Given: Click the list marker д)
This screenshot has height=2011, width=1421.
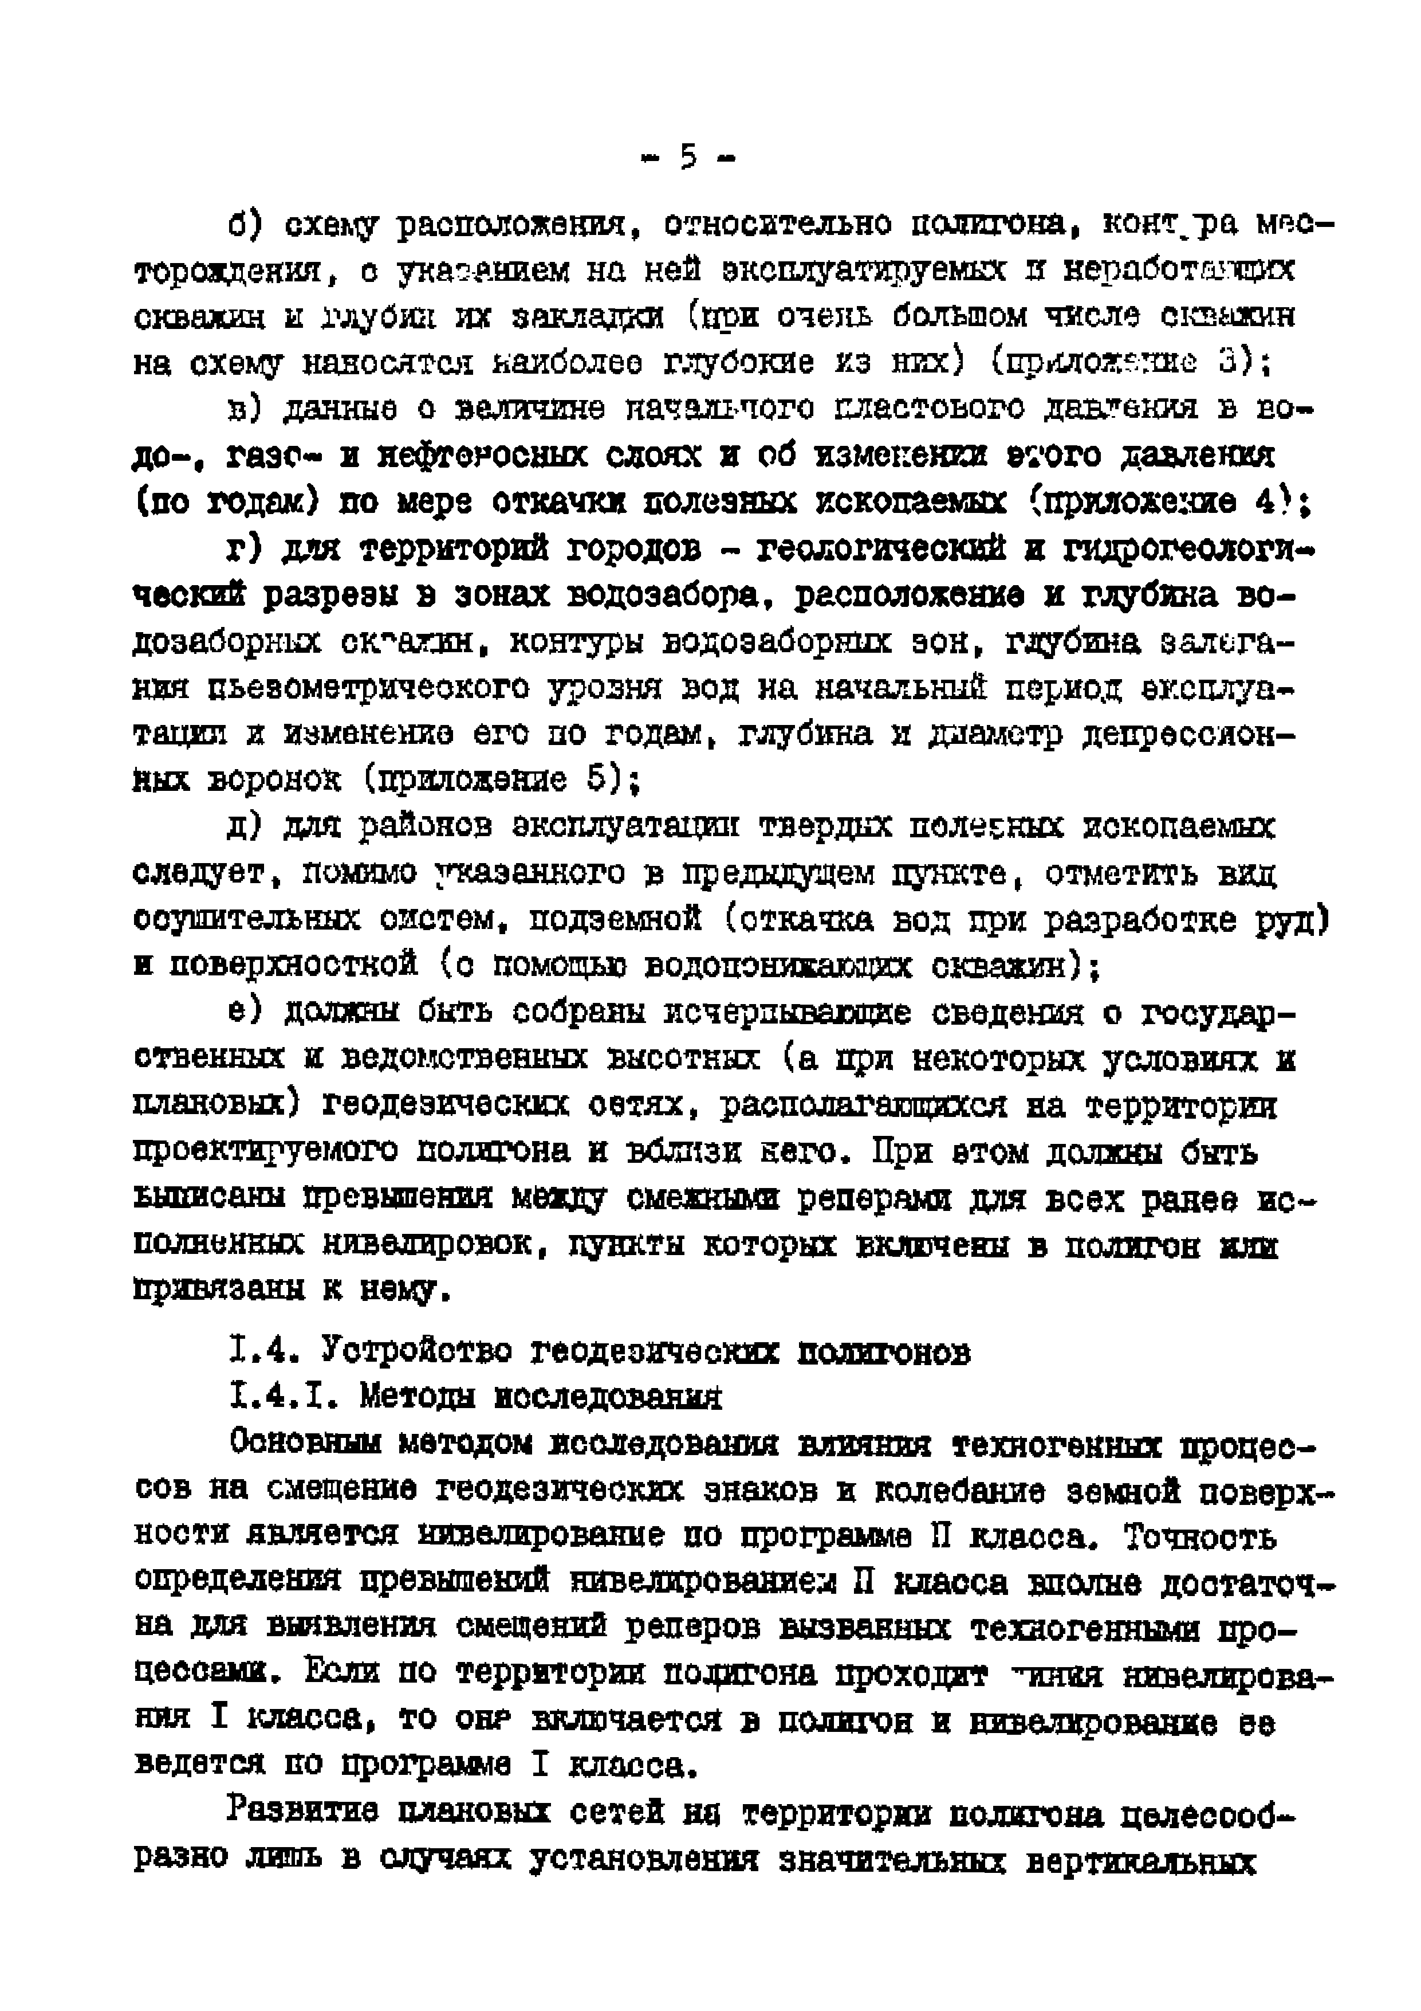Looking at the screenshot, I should click(247, 826).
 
